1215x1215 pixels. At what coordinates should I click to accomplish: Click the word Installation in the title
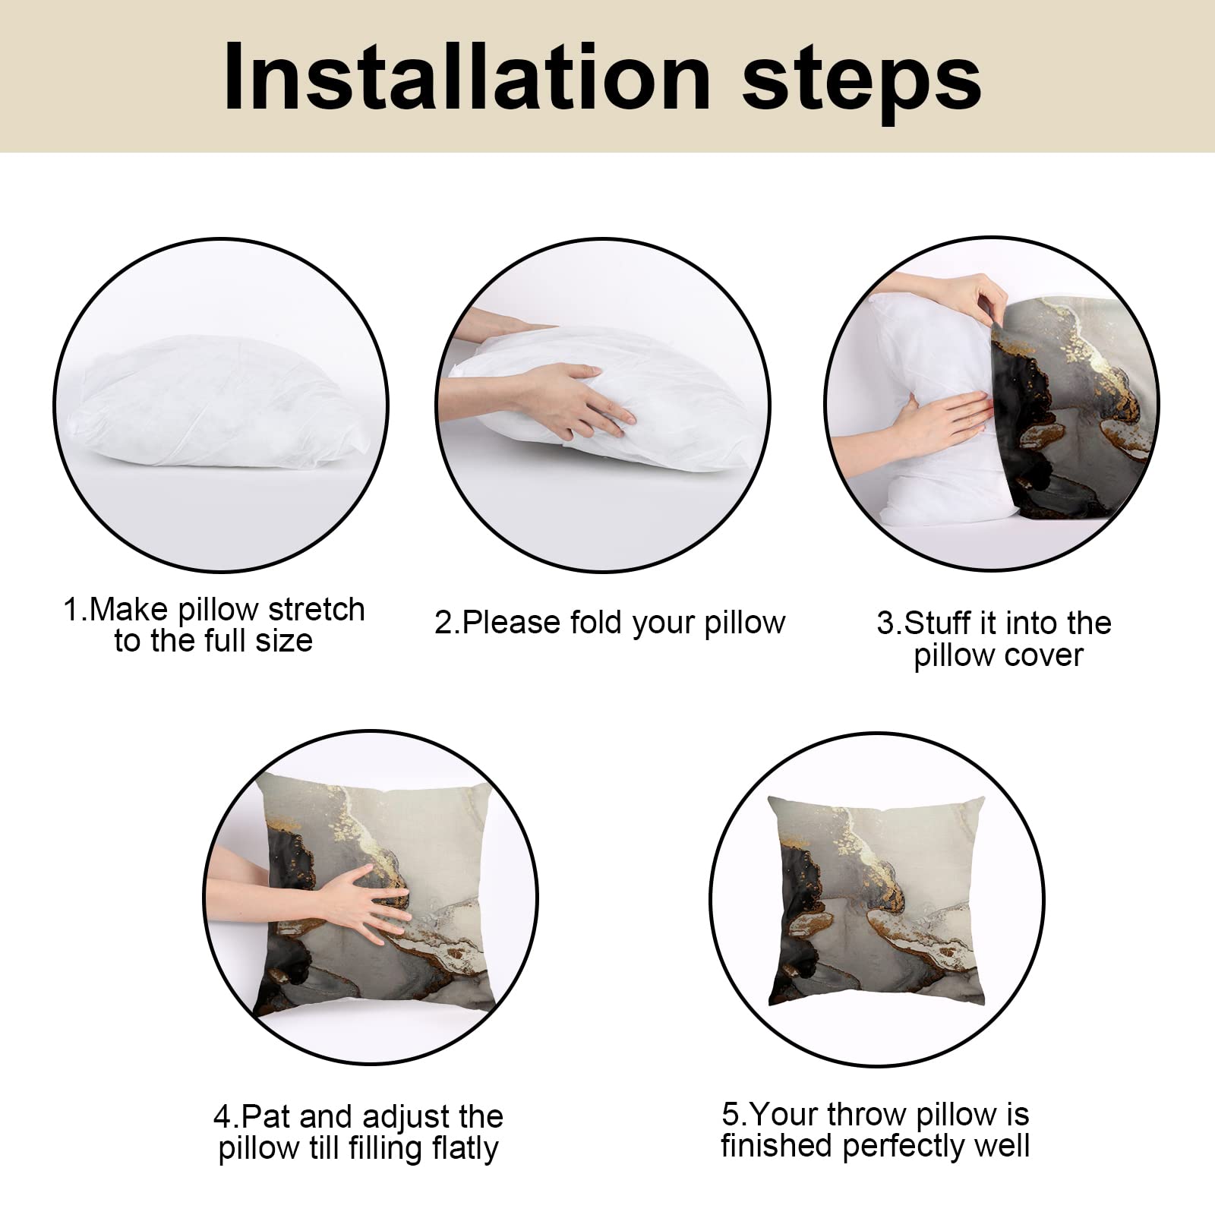pos(467,77)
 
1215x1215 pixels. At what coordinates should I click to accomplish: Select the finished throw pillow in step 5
pos(877,901)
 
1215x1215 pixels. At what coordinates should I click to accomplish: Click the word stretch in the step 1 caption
pos(317,610)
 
